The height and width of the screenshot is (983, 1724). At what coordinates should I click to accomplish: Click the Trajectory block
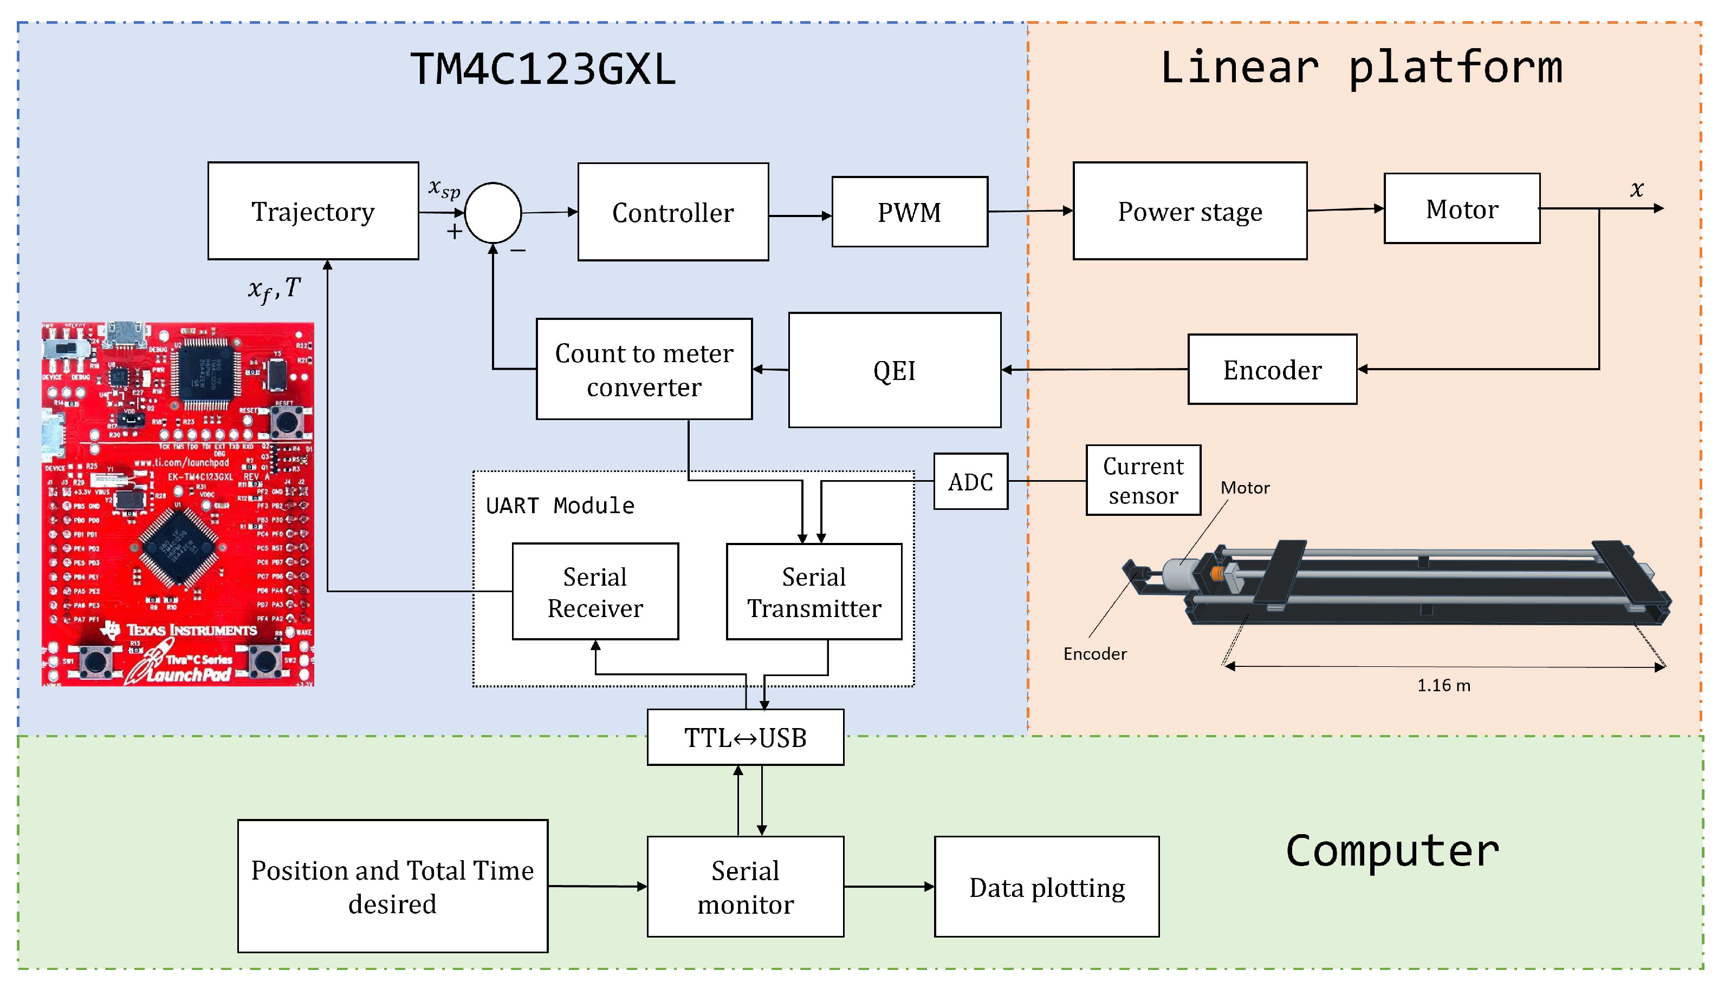click(313, 211)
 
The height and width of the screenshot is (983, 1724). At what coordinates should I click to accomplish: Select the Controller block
click(673, 212)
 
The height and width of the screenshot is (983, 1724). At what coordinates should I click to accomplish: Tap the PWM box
click(909, 212)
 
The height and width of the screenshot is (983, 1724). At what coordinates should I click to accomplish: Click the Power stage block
click(1190, 211)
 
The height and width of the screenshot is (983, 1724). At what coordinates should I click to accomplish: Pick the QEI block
click(895, 370)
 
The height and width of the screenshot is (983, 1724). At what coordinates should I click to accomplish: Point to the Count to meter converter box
click(644, 370)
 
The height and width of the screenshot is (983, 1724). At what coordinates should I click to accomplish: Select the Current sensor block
click(1143, 481)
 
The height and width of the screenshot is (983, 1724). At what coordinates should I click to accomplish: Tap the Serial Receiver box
click(595, 592)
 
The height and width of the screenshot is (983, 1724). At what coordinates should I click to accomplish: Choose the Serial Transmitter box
click(814, 592)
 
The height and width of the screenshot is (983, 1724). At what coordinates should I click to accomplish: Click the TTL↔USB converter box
click(745, 737)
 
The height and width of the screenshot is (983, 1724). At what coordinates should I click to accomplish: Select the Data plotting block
click(1046, 887)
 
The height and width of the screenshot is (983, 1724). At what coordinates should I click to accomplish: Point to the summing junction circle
click(493, 213)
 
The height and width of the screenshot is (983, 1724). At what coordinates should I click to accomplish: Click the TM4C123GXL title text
click(543, 69)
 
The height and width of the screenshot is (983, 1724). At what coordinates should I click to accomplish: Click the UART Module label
click(560, 506)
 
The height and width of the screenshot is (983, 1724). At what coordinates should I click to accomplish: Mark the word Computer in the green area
click(1392, 851)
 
